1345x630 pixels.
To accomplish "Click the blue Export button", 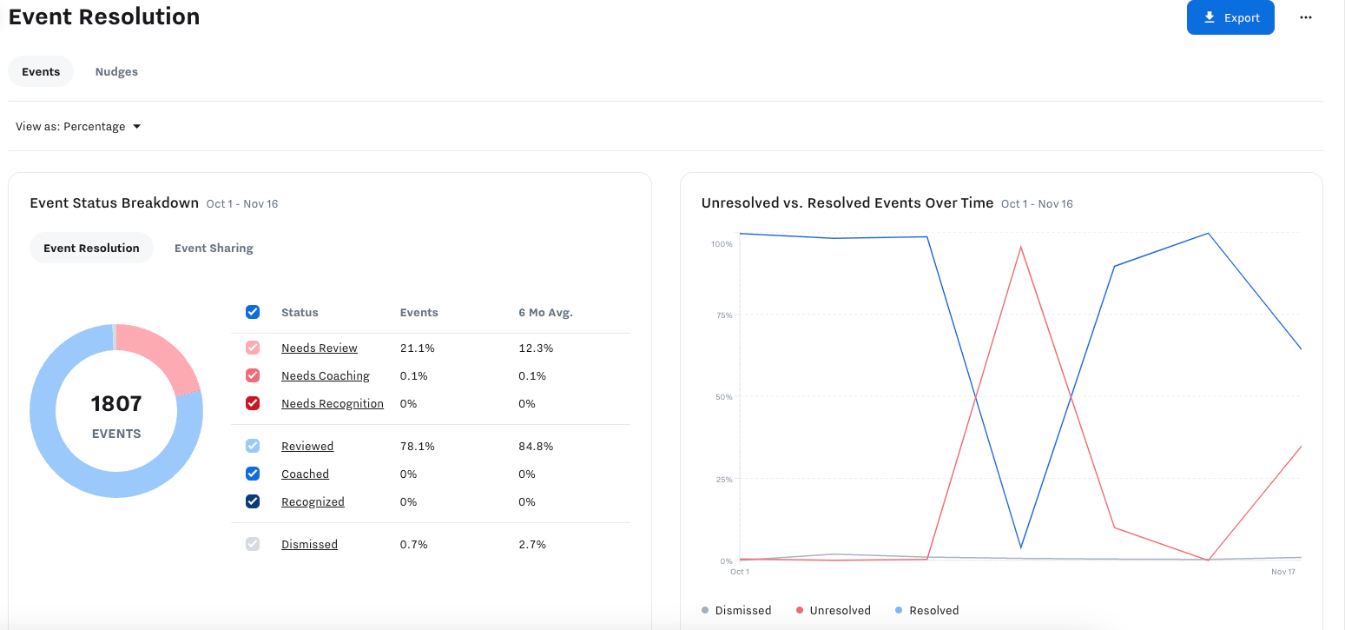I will click(x=1230, y=17).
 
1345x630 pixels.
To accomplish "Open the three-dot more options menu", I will click(x=1305, y=17).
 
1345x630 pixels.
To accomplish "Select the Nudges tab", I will click(x=116, y=71).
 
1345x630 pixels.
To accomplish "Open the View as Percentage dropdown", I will click(x=78, y=126).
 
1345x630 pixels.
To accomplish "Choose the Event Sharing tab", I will click(x=214, y=248).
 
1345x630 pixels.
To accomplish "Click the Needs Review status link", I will click(x=319, y=348).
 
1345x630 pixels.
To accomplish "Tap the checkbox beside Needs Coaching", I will click(x=253, y=375).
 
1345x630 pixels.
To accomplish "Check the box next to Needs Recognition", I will click(x=253, y=403).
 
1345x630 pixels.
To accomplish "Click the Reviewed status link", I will click(x=307, y=446).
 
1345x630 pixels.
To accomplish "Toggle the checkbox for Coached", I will click(x=253, y=474).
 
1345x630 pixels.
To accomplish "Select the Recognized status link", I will click(x=313, y=501).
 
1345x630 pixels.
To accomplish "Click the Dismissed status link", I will click(x=309, y=544).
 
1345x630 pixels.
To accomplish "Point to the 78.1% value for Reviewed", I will click(x=417, y=446).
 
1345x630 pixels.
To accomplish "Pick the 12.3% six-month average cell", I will click(x=536, y=348).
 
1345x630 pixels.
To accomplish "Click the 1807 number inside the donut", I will click(x=116, y=403).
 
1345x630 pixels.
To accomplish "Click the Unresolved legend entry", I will click(x=833, y=610).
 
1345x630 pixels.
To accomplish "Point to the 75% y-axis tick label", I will click(x=722, y=315).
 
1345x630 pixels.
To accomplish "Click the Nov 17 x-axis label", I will click(x=1283, y=572).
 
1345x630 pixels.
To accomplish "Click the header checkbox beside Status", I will click(x=253, y=312).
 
